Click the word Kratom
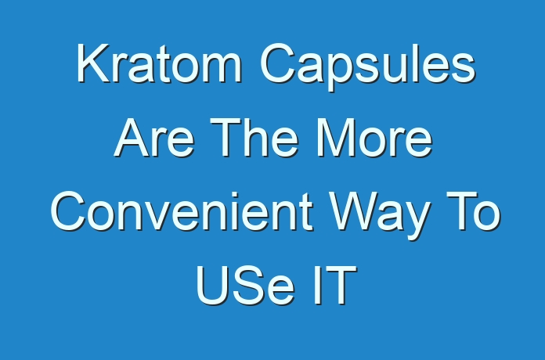(x=159, y=63)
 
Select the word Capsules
(x=367, y=67)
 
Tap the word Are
(x=154, y=137)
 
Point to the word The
(x=254, y=137)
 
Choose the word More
(x=374, y=137)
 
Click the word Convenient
(x=182, y=211)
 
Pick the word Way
(x=379, y=216)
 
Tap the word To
(x=474, y=211)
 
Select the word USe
(x=245, y=286)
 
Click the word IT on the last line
(x=335, y=286)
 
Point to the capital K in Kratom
(x=93, y=63)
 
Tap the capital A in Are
(x=132, y=137)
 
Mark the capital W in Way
(x=354, y=211)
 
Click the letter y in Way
(x=415, y=221)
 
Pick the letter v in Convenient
(x=158, y=216)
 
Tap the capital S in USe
(x=247, y=286)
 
